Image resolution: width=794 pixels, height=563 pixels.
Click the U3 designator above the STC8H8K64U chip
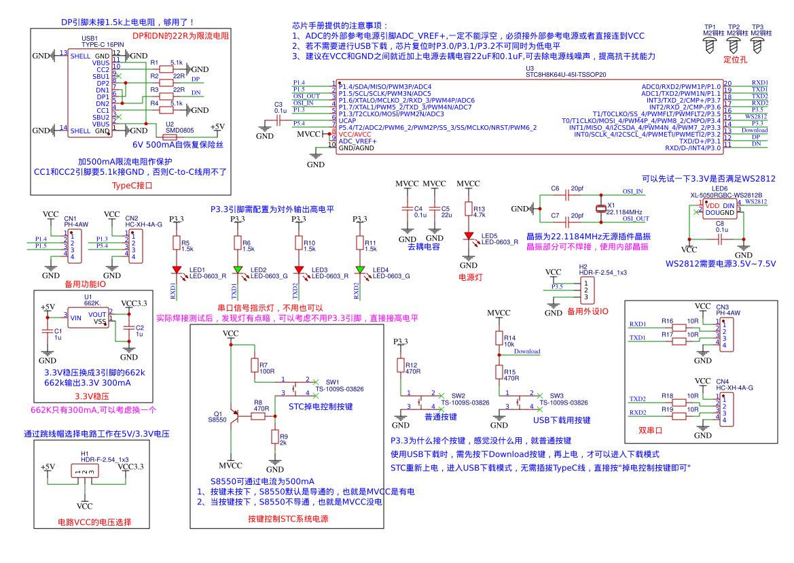[530, 69]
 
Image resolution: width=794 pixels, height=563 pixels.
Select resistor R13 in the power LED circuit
[467, 209]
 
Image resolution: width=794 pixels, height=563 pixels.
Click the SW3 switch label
[556, 395]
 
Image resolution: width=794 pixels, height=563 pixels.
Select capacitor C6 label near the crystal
[555, 188]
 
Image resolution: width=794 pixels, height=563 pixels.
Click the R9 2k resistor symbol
[275, 437]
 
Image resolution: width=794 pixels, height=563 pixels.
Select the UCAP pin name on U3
[347, 120]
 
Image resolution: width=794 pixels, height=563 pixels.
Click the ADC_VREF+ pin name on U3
[357, 141]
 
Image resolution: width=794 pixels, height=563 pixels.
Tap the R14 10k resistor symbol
[499, 339]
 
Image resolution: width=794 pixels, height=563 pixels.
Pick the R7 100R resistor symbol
[255, 366]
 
